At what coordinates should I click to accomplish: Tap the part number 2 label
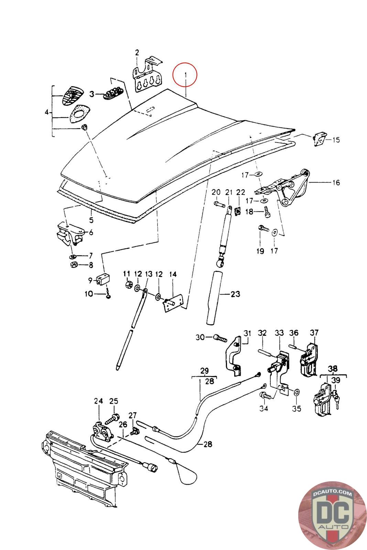click(x=137, y=53)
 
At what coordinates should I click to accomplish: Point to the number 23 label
click(x=235, y=294)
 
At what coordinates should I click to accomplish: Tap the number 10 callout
click(x=89, y=294)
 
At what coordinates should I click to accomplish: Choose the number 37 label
click(x=314, y=332)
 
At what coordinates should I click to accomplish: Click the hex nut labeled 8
click(x=73, y=265)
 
